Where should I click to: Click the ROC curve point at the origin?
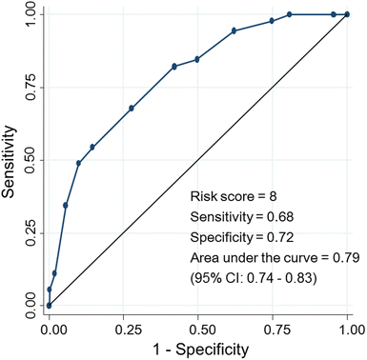coord(49,305)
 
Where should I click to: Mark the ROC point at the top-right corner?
coord(348,14)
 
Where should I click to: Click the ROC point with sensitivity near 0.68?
coord(132,109)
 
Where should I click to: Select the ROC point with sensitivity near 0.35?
coord(66,205)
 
